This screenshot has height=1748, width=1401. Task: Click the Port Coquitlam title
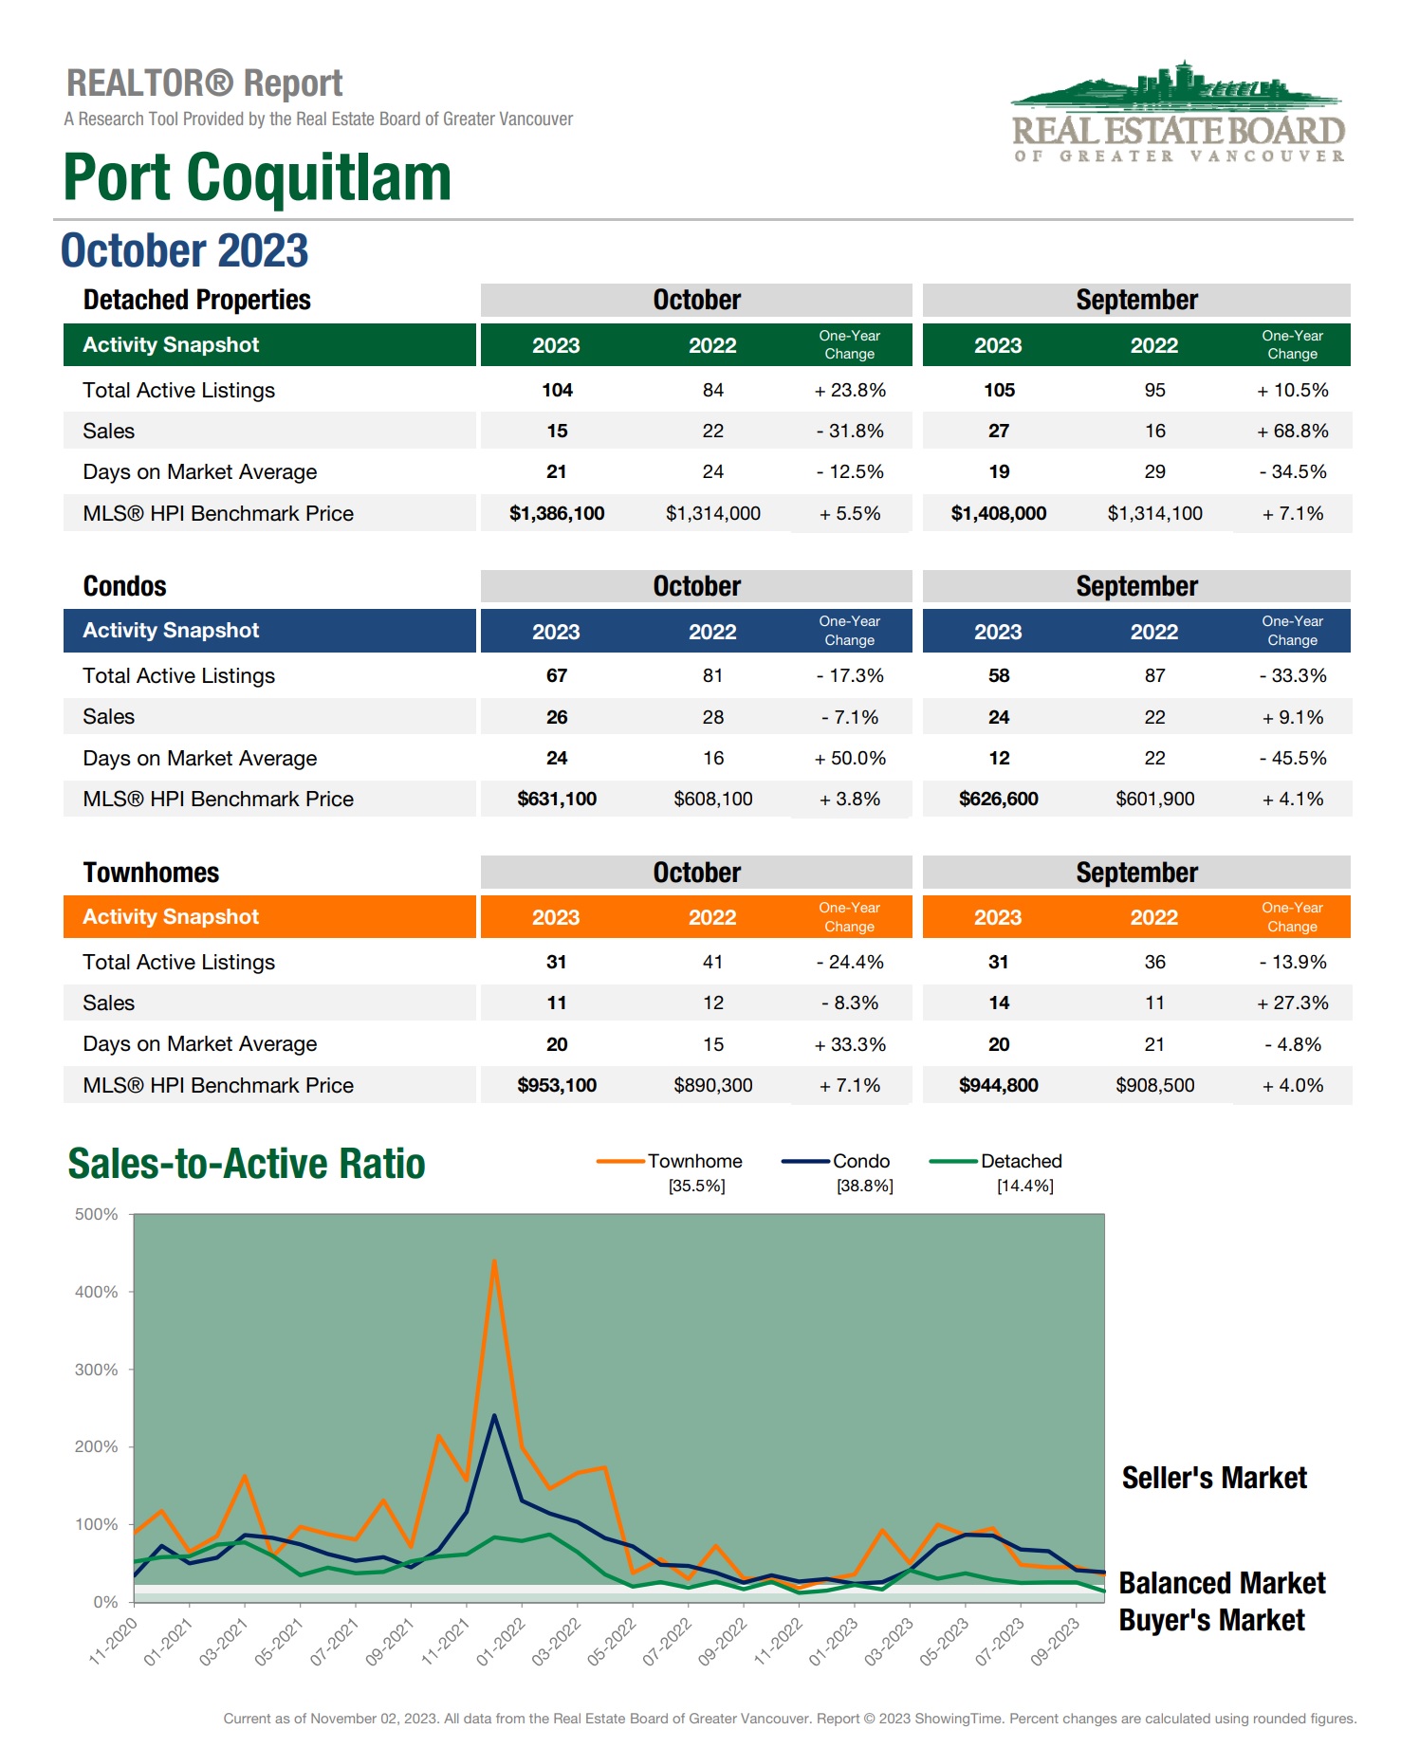tap(257, 177)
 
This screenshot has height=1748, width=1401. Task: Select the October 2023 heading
tap(185, 251)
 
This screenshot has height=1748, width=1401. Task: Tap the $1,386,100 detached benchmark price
tap(557, 513)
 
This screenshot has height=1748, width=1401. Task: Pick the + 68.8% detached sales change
tap(1292, 431)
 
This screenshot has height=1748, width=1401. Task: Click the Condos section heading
tap(124, 586)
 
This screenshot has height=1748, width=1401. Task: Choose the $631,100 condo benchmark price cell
tap(557, 799)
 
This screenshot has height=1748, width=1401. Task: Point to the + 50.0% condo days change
tap(850, 758)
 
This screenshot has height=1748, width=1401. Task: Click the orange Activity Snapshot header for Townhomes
tap(268, 917)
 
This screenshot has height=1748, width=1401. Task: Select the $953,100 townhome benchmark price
tap(557, 1085)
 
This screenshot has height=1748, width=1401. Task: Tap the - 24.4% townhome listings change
tap(850, 962)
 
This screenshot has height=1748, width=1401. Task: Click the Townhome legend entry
tap(694, 1161)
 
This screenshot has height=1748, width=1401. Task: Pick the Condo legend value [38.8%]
tap(864, 1186)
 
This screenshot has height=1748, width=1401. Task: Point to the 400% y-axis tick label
tap(97, 1292)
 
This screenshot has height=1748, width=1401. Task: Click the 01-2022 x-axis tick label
tap(500, 1642)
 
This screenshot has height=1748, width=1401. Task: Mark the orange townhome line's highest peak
tap(494, 1260)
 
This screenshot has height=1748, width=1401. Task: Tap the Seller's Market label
tap(1214, 1478)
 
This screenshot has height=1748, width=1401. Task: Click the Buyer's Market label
tap(1211, 1620)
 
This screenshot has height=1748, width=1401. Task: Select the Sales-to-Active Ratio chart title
tap(247, 1164)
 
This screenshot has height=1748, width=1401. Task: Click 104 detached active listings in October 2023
tap(557, 390)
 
